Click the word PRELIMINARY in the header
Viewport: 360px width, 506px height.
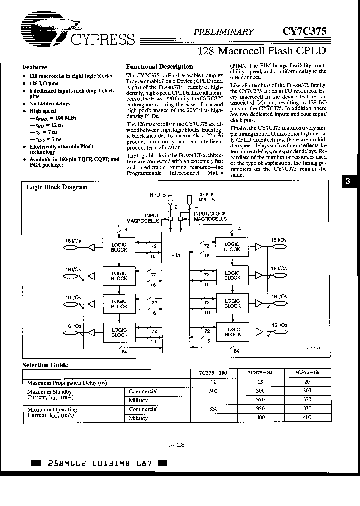(x=224, y=31)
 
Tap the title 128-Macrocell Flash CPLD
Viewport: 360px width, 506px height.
(x=262, y=50)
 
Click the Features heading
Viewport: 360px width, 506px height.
(x=35, y=67)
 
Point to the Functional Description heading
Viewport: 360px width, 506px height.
(x=159, y=66)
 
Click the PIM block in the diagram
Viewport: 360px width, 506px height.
(x=175, y=255)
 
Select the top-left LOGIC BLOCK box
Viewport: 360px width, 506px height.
(x=119, y=246)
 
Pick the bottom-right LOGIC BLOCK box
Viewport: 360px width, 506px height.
(x=232, y=332)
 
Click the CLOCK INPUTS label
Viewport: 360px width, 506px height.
(x=205, y=197)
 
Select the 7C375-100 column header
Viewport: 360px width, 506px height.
(x=213, y=373)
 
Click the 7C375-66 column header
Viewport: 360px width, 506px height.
(x=307, y=373)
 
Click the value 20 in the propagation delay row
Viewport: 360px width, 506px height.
(x=307, y=382)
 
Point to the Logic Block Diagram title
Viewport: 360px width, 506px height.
(x=57, y=187)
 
